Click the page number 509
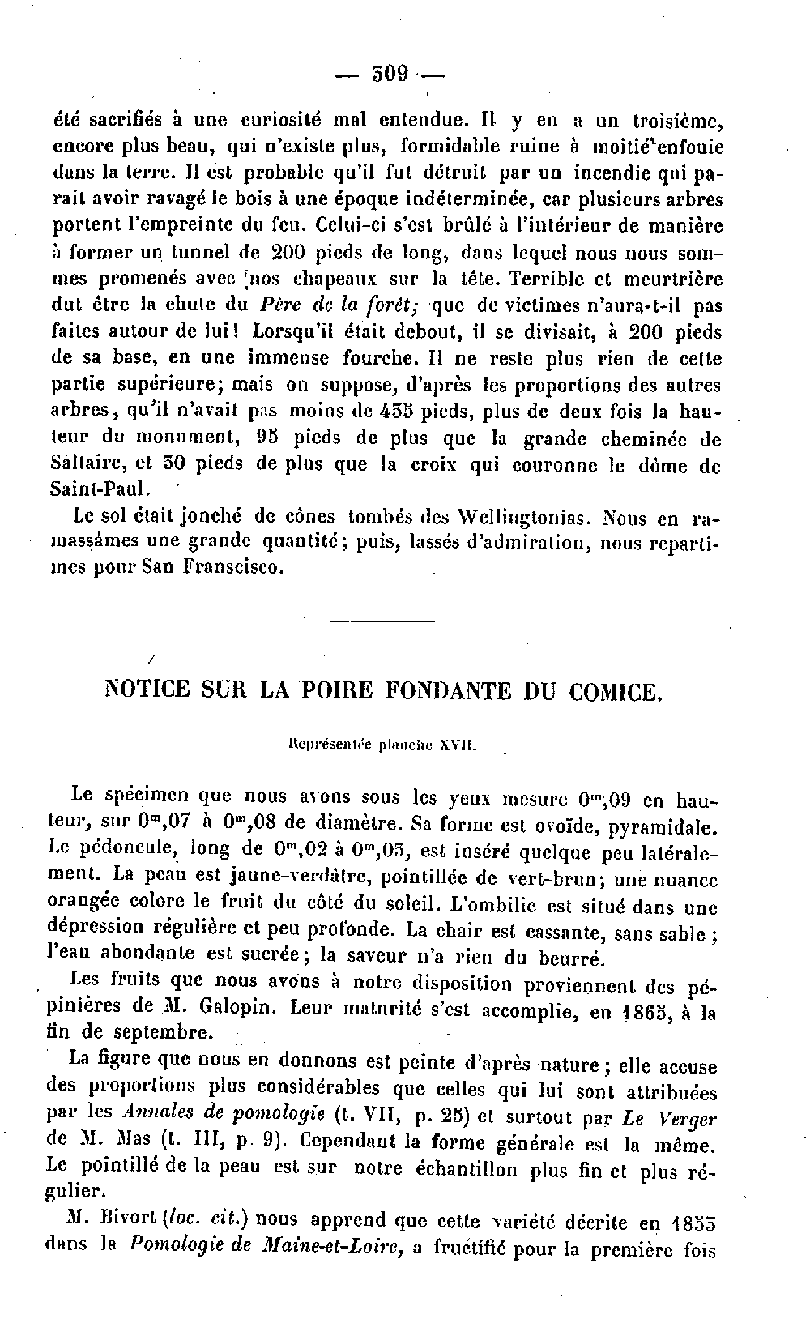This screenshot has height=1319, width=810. coord(390,74)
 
